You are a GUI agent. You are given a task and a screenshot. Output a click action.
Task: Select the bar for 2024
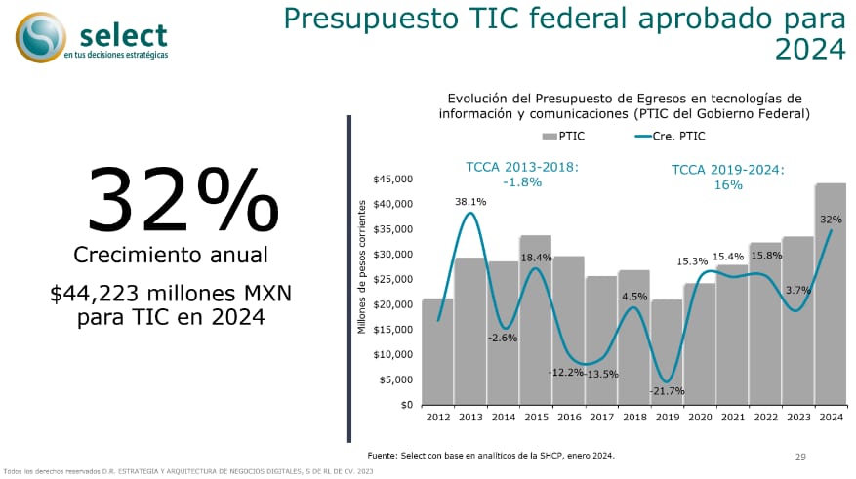831,294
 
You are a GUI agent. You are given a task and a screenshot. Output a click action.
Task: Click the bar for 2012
437,351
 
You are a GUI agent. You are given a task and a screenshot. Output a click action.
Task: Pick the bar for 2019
667,352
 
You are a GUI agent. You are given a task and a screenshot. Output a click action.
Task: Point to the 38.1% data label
470,202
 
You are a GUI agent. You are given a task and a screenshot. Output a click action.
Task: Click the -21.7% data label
667,390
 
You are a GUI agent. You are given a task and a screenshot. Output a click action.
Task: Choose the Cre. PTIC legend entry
672,137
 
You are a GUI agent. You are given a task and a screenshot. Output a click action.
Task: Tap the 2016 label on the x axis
569,418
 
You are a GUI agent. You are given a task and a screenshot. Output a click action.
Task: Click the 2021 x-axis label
732,418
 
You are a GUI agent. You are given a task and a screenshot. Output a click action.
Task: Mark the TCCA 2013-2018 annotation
522,175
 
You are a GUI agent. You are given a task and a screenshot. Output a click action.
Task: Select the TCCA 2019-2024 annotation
728,177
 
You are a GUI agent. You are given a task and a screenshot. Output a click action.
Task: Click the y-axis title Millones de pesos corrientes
361,267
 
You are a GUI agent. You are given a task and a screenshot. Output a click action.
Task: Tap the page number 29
800,457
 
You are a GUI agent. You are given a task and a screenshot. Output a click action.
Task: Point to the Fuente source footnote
491,456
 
